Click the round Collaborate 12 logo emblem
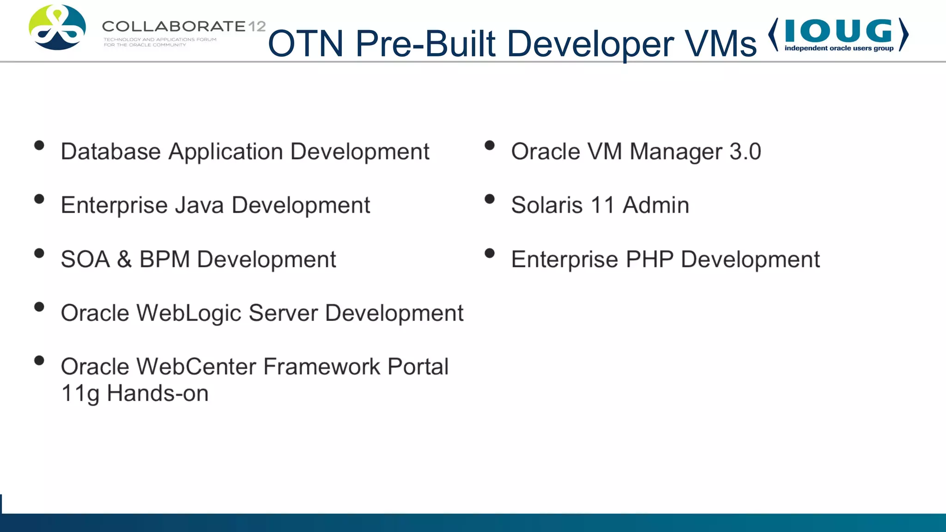pos(57,27)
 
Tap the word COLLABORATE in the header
pos(174,26)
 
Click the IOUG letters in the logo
pos(838,30)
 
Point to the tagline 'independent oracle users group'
pos(839,48)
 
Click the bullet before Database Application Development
pos(39,145)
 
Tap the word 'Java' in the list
pos(199,205)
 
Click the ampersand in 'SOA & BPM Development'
pos(124,259)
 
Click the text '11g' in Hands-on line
pos(80,394)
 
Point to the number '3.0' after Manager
pos(745,151)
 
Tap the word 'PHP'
pos(649,259)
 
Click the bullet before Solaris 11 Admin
pos(490,199)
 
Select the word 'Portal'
pos(418,367)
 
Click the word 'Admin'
pos(655,205)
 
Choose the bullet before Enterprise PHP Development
pos(490,253)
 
